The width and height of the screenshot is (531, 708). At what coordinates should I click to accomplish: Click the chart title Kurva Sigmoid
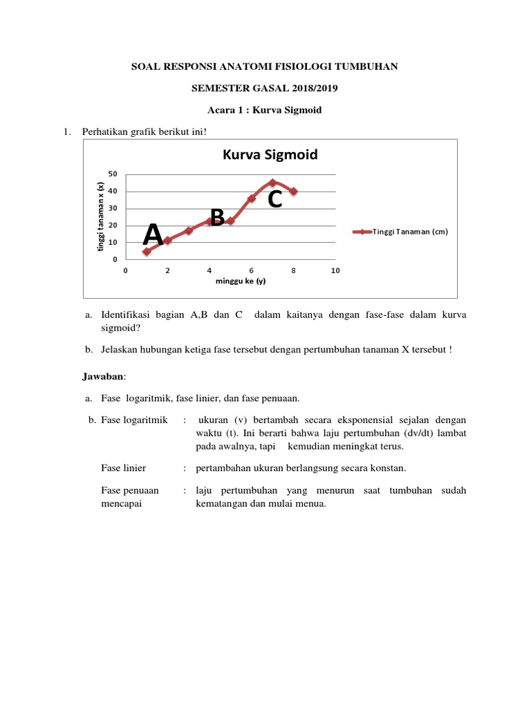[270, 155]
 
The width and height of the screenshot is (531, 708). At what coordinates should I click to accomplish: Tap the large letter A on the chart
[153, 235]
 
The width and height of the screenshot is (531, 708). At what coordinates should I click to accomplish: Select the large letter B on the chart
[217, 218]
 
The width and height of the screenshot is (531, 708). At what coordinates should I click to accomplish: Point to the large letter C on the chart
[274, 200]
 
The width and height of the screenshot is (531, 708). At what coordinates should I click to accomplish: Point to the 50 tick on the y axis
[113, 174]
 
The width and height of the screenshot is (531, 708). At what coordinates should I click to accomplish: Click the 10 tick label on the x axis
[335, 270]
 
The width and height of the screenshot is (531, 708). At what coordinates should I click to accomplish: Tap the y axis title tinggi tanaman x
[100, 216]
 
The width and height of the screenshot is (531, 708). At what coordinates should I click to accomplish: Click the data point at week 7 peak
[272, 183]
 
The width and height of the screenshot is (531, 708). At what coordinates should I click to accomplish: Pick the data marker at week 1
[147, 252]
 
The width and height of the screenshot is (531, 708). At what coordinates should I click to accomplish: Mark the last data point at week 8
[294, 191]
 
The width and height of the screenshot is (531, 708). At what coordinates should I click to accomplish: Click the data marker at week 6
[252, 198]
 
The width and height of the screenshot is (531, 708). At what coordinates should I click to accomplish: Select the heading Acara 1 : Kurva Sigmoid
[265, 111]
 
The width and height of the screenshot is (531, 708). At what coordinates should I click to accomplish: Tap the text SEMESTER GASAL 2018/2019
[265, 88]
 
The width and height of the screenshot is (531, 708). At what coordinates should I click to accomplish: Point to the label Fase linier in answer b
[123, 468]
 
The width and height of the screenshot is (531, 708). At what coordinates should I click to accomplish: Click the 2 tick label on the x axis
[167, 270]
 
